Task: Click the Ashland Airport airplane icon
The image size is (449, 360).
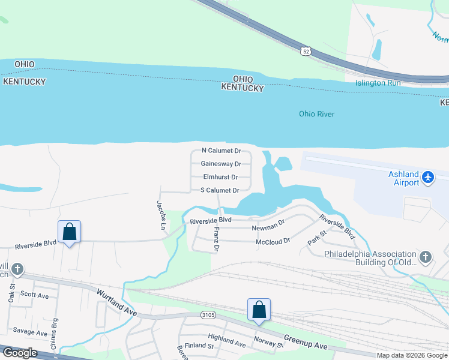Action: [x=427, y=178]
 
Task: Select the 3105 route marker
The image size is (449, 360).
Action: [x=208, y=315]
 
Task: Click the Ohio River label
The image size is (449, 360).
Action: [x=316, y=114]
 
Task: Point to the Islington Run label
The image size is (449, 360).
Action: [x=378, y=83]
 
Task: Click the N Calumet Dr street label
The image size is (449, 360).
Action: [x=221, y=151]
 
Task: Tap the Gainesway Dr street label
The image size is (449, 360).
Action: [x=221, y=164]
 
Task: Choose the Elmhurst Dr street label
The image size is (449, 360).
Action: [x=220, y=177]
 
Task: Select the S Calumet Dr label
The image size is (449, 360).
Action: [x=220, y=190]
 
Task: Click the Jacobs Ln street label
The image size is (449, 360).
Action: [x=161, y=215]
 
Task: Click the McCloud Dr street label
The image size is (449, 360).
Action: [x=273, y=241]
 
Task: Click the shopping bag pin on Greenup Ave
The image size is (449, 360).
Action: [x=259, y=310]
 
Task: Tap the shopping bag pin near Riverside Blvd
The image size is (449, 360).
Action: [x=69, y=231]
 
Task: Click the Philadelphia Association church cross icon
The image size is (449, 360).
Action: [x=426, y=257]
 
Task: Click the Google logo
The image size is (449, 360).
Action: [x=20, y=353]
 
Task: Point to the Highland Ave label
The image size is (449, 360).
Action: [x=226, y=340]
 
